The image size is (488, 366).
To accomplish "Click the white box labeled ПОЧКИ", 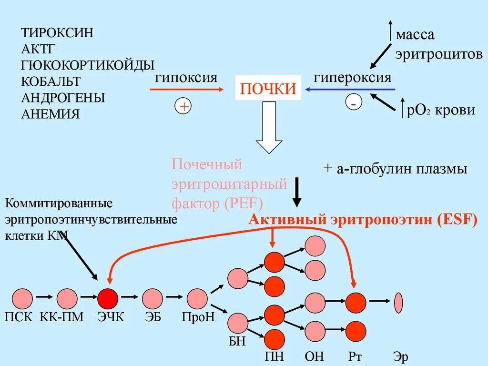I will [x=268, y=89].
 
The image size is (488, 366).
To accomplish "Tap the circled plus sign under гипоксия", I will [x=183, y=106].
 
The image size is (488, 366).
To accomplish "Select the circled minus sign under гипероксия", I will [x=354, y=103].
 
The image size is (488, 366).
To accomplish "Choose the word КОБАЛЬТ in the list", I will [x=51, y=81].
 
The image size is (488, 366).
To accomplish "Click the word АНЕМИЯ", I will [x=51, y=114].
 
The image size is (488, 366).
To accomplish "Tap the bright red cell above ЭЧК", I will [x=108, y=299].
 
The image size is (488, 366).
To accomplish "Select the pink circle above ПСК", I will [x=21, y=299].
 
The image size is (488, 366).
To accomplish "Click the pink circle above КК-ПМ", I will [x=67, y=299].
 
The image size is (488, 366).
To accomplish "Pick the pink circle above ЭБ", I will [x=152, y=299].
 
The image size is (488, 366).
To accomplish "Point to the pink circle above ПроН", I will [x=197, y=299].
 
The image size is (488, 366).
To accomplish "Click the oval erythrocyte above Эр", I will [x=398, y=302].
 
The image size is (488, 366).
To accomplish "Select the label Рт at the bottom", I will [x=355, y=356].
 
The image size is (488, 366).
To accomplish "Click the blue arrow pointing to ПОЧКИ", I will [x=350, y=89].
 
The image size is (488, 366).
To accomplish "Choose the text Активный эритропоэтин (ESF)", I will [x=363, y=221].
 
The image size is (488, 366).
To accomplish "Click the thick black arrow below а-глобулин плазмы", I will [x=297, y=192].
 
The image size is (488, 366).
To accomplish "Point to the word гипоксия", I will [x=186, y=77].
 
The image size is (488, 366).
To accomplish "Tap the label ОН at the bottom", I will [x=314, y=356].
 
